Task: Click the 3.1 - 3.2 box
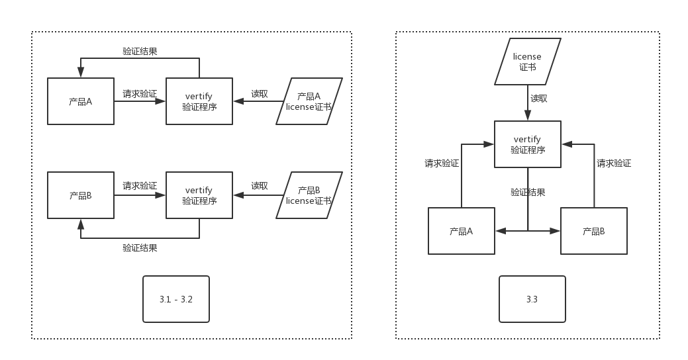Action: [176, 299]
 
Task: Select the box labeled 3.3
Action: [532, 299]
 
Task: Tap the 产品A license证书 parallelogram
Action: [309, 101]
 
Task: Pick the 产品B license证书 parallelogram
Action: [309, 195]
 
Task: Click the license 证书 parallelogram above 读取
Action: [528, 62]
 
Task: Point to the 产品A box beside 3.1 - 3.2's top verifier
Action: [81, 101]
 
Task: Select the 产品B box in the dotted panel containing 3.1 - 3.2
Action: [81, 195]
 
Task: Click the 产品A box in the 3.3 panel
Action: [462, 231]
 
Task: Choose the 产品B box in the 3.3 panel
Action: [594, 231]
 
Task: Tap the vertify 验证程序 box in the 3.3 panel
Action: [528, 144]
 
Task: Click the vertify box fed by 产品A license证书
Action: [199, 101]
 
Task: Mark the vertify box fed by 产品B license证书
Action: [199, 195]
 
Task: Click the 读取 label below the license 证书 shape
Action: [539, 99]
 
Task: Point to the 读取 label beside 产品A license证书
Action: [260, 94]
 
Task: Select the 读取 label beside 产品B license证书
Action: [260, 186]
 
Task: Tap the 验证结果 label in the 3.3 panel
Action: [528, 193]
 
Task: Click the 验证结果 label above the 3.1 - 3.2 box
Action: [140, 247]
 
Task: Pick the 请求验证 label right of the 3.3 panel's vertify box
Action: [614, 163]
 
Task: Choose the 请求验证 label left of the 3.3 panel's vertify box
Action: [442, 163]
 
